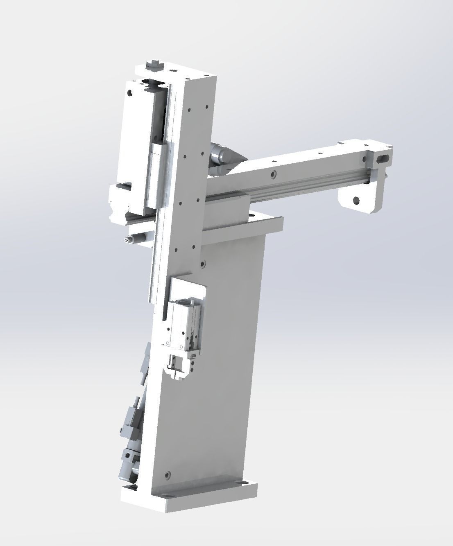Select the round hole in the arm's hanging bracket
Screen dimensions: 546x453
[x=356, y=201]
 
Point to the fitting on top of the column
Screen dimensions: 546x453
[x=154, y=64]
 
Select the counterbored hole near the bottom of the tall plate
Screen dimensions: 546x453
[x=167, y=475]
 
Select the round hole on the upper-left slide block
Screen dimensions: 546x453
[x=130, y=93]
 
